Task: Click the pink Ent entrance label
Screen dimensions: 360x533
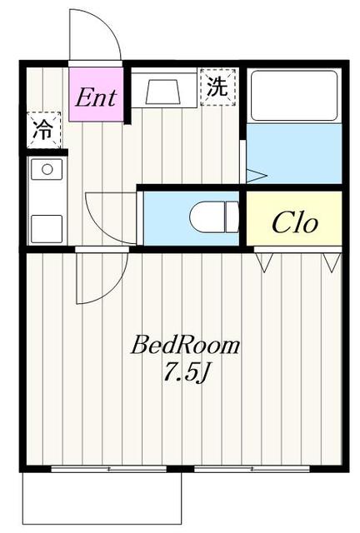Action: (96, 98)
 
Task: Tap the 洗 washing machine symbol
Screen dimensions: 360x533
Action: (217, 87)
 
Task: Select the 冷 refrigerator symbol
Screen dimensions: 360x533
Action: (44, 130)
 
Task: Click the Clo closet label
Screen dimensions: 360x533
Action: (295, 223)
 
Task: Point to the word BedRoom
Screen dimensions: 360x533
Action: (185, 345)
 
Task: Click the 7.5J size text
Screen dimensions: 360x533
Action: (186, 372)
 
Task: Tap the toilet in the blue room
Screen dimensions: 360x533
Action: (214, 217)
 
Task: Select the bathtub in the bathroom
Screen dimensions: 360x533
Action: (294, 96)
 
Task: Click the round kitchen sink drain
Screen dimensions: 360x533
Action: (47, 169)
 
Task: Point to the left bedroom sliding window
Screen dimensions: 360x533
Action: (109, 469)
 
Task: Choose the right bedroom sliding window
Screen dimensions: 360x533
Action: (252, 469)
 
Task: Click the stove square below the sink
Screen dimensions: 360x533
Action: (47, 229)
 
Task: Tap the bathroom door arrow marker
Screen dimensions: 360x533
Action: (256, 176)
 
